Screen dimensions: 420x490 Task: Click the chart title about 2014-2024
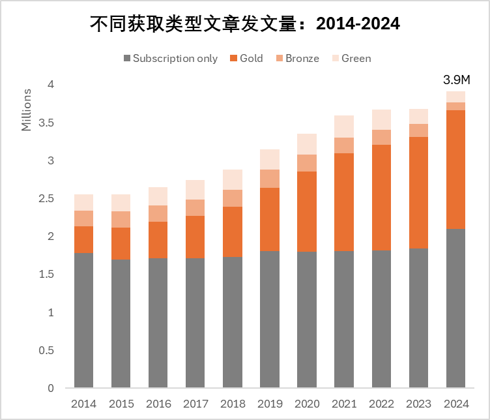[244, 23]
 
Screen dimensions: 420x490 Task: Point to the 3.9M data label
[456, 80]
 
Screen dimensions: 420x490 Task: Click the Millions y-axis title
[27, 110]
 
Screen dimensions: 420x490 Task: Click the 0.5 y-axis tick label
[46, 350]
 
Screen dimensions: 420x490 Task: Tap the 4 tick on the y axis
[50, 85]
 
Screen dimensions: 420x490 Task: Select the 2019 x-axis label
[270, 404]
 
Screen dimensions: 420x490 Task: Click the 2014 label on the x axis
[83, 404]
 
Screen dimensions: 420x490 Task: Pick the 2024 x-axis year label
[455, 404]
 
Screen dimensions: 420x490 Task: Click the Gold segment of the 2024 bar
[455, 170]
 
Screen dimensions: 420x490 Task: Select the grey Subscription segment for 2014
[83, 320]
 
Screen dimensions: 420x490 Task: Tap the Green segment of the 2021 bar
[344, 127]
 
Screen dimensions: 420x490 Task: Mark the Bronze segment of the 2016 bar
[158, 213]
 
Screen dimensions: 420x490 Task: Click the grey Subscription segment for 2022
[381, 319]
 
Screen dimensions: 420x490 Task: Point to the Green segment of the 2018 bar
[233, 179]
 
